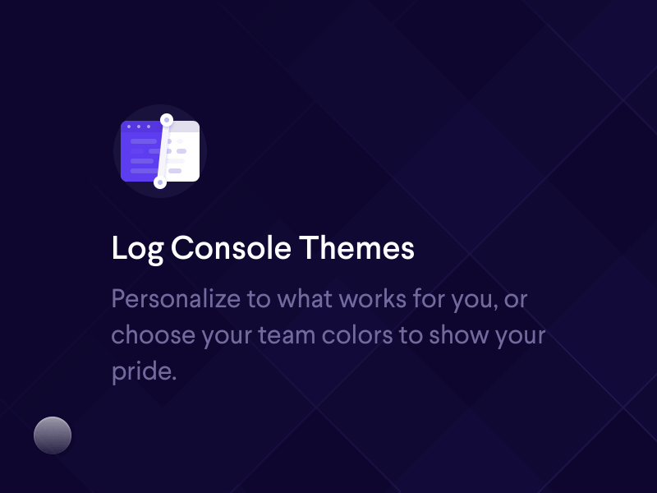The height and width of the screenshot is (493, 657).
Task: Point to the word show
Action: tap(474, 335)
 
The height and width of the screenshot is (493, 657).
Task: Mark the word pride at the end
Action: tap(143, 372)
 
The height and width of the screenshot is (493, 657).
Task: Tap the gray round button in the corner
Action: tap(53, 435)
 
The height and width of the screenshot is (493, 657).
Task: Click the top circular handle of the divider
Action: tap(166, 120)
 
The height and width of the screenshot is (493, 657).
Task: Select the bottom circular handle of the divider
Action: tap(160, 182)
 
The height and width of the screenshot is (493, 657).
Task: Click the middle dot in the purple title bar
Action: tap(138, 127)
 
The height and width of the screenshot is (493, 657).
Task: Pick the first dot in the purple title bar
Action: tap(129, 127)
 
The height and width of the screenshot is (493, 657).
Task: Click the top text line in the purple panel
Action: tap(143, 141)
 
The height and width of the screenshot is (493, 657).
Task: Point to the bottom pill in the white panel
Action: tap(175, 171)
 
